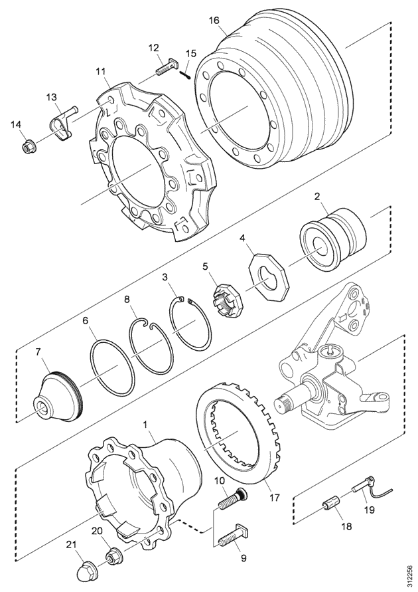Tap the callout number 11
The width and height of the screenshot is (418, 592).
click(101, 71)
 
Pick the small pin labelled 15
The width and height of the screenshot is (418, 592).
click(188, 70)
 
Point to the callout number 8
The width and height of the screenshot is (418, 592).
click(127, 300)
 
